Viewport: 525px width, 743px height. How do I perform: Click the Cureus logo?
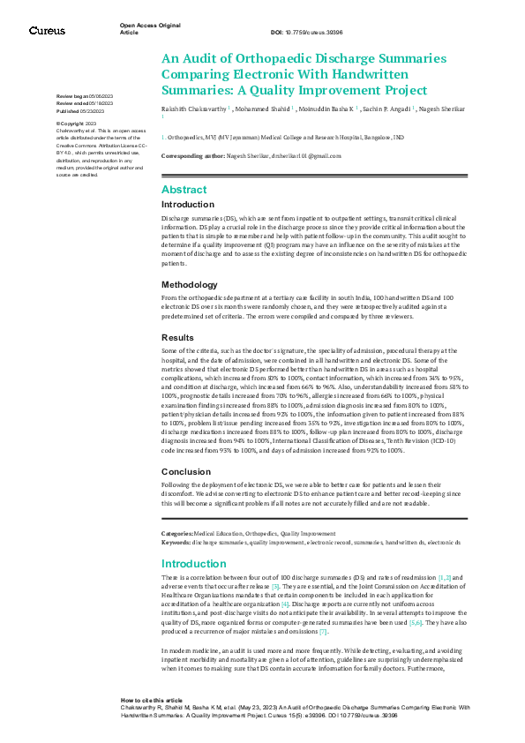(47, 30)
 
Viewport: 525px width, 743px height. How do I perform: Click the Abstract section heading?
(184, 190)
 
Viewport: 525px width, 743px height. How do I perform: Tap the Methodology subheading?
(189, 285)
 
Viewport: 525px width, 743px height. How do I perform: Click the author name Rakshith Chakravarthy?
(193, 109)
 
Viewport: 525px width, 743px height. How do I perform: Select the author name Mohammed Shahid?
(262, 109)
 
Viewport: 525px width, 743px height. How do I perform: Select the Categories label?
(177, 534)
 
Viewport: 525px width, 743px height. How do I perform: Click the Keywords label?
(176, 542)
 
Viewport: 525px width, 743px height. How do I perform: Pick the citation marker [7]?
(324, 632)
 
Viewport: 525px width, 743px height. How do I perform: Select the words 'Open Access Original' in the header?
(149, 26)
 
